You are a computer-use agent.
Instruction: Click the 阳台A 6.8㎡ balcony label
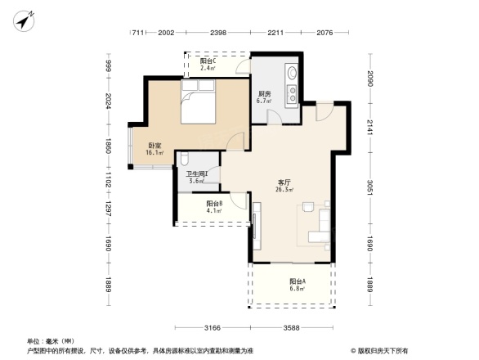coord(296,285)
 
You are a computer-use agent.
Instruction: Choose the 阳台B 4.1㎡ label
coord(215,207)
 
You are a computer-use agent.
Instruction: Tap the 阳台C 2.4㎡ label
coord(208,64)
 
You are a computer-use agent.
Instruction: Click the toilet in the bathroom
coord(185,160)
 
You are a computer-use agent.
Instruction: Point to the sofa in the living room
coord(321,228)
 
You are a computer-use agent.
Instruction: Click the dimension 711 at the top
coord(140,34)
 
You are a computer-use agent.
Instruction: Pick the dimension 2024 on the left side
coord(106,103)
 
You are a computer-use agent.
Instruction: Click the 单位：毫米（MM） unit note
coord(51,341)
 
